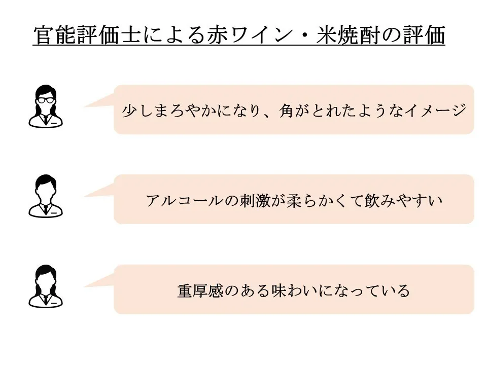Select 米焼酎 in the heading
(x=348, y=34)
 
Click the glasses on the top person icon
(x=45, y=100)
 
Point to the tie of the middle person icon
(x=46, y=209)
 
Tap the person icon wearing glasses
(x=46, y=106)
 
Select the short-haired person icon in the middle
(x=46, y=196)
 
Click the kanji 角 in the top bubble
(x=286, y=111)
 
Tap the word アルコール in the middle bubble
(x=185, y=201)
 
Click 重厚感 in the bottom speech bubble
(x=200, y=291)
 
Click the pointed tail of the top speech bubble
(x=85, y=107)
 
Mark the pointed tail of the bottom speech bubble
(x=85, y=286)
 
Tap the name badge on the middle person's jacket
(x=54, y=213)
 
